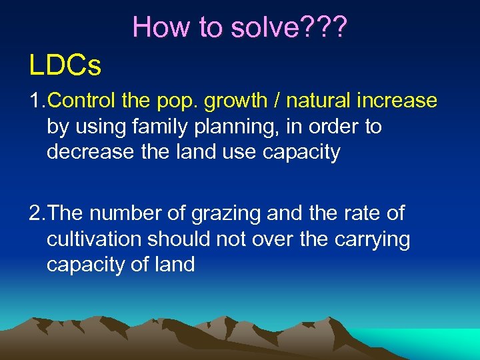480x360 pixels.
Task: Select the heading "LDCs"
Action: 65,65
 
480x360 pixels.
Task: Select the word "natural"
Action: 311,101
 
